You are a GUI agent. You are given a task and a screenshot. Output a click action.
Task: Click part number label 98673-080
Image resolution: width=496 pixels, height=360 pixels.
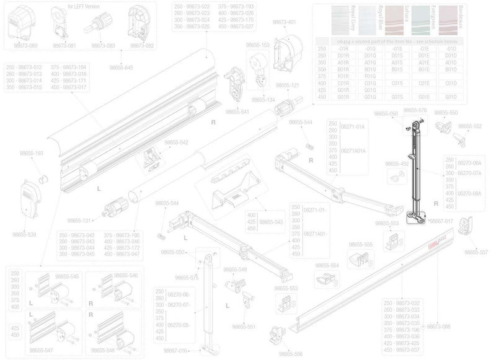[25, 45]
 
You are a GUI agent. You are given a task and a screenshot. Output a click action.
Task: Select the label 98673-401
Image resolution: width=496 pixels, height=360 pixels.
[284, 22]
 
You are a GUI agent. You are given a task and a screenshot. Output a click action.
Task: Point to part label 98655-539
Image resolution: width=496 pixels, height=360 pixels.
[24, 235]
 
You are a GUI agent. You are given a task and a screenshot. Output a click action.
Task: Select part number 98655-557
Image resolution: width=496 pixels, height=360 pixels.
[476, 252]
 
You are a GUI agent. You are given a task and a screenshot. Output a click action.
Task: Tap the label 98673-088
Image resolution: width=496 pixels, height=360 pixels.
[437, 326]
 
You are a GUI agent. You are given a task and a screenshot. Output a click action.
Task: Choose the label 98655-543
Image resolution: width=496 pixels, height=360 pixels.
[270, 221]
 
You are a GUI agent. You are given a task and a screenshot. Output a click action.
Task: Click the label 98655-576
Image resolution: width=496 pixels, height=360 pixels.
[415, 110]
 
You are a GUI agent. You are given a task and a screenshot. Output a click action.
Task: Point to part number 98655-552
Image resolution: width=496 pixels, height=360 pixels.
[469, 126]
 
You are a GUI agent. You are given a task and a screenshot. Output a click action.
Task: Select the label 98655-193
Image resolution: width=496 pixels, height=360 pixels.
[30, 152]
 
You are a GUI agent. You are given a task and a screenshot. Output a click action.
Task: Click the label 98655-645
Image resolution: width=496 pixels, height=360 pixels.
[120, 67]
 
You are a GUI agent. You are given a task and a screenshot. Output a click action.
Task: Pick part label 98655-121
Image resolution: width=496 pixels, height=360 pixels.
[288, 85]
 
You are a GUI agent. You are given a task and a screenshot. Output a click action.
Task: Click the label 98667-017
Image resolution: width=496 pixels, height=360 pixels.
[441, 220]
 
